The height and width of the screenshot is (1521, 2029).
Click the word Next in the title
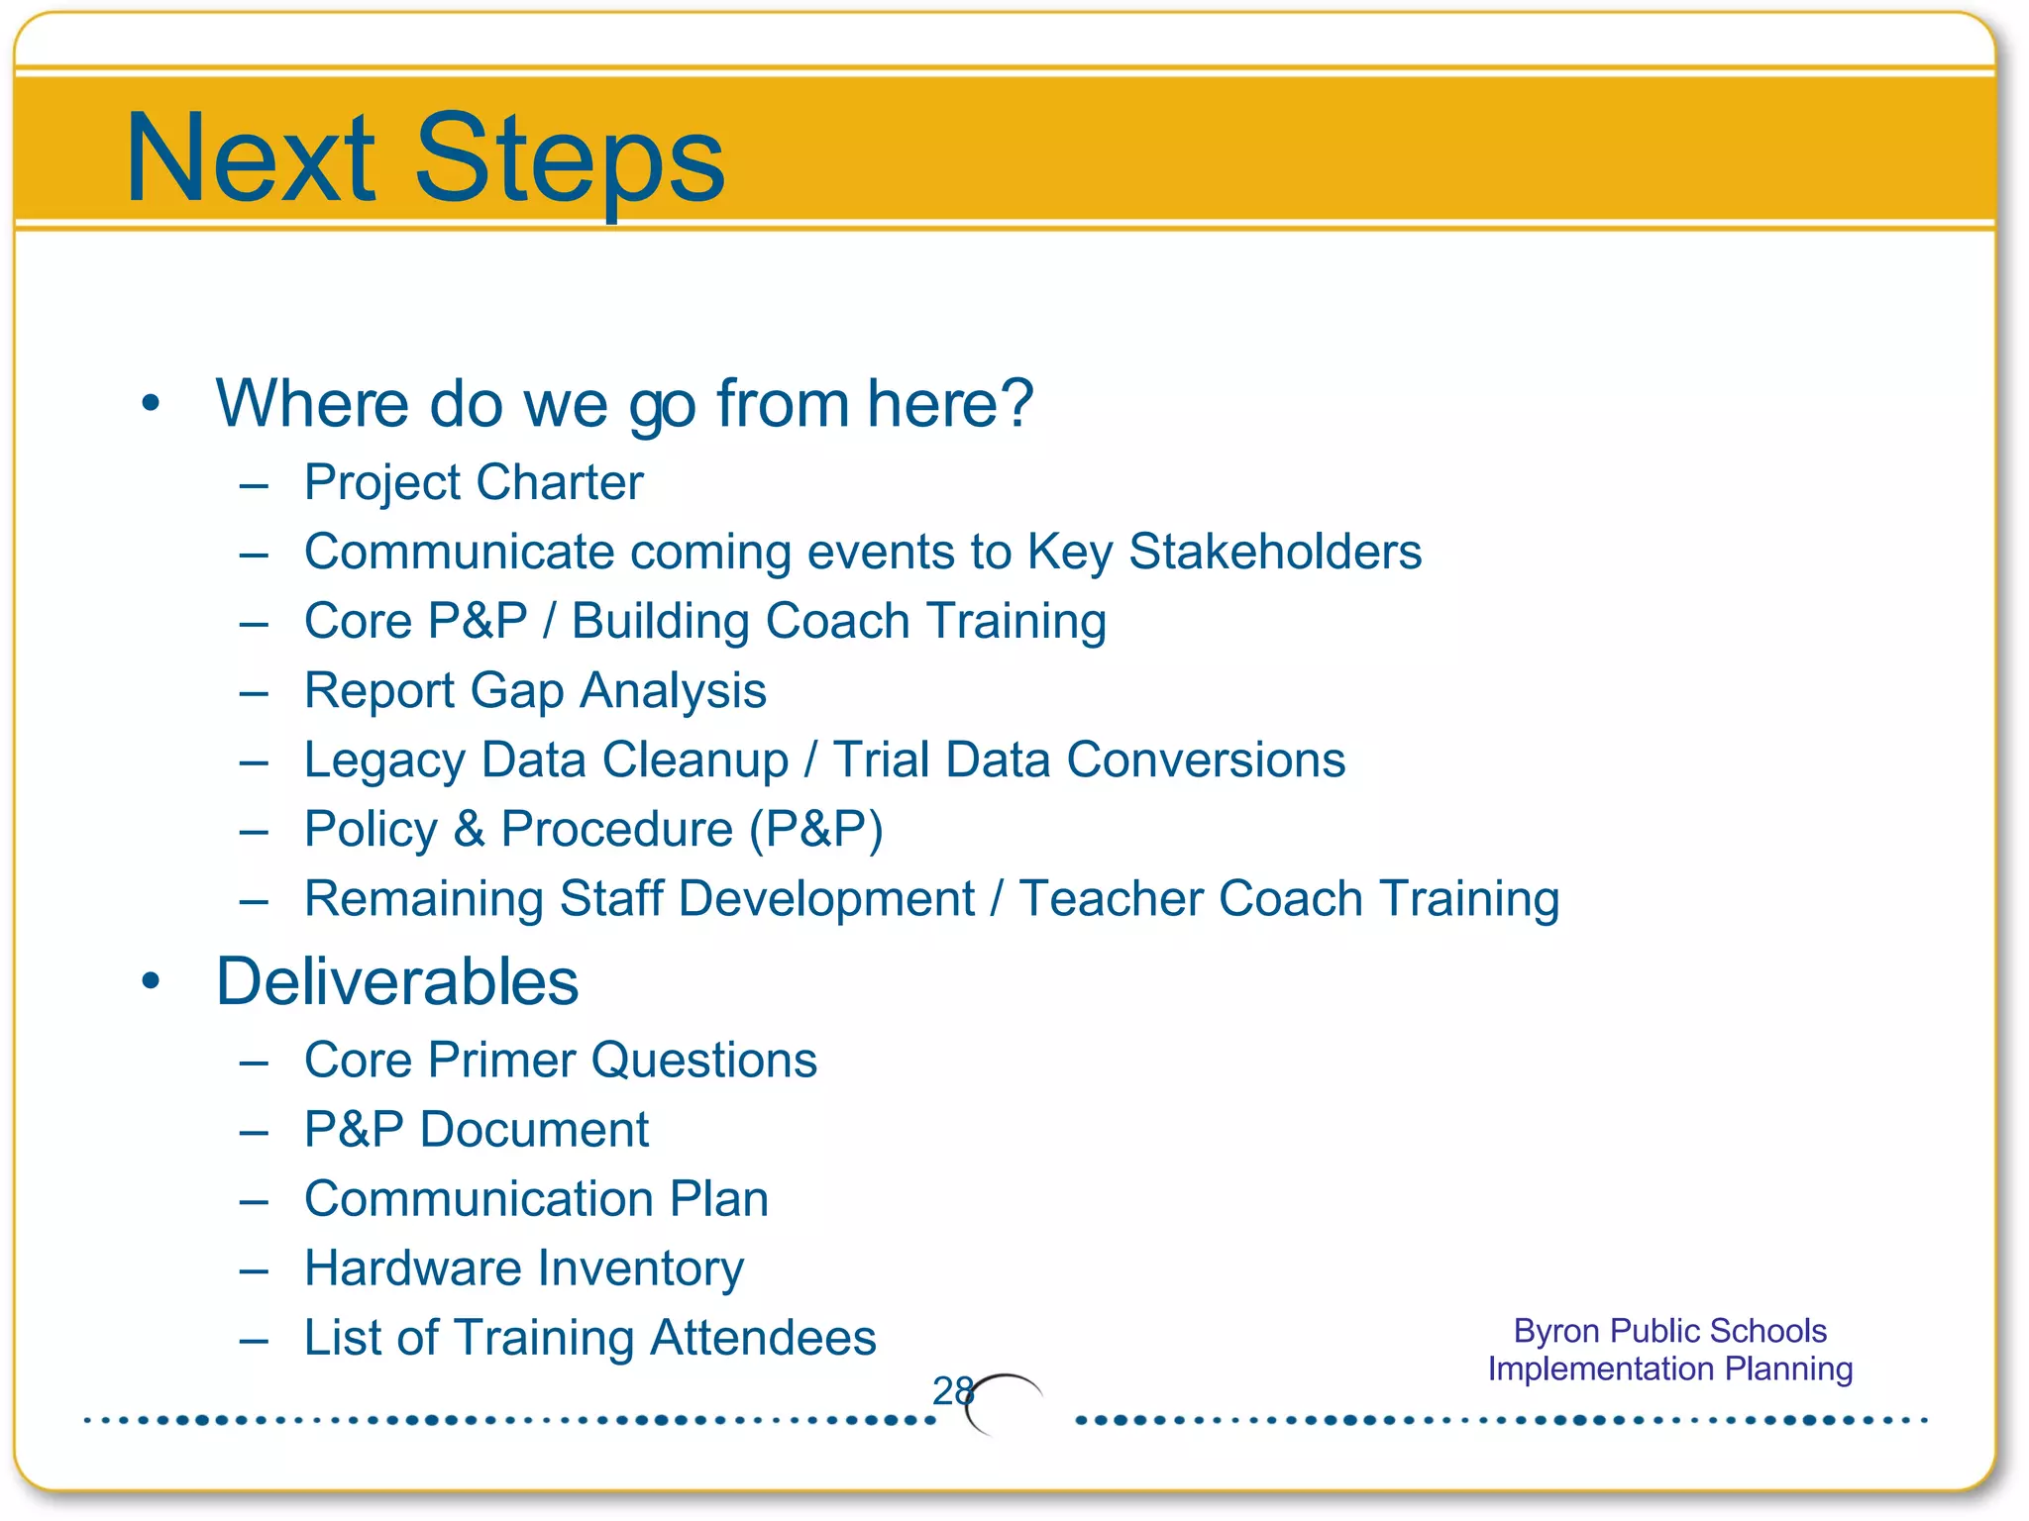[251, 158]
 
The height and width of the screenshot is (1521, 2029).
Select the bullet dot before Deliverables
[151, 981]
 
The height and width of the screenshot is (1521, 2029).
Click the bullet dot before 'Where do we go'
[151, 404]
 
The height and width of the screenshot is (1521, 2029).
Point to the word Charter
[560, 483]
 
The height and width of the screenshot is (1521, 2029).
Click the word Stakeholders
[1275, 552]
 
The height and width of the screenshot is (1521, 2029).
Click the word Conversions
[1206, 760]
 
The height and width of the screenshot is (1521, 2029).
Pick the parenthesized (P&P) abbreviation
[816, 830]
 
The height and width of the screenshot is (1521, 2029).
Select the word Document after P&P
[534, 1130]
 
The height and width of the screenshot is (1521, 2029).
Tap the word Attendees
[763, 1338]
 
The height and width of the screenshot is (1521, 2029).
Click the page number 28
[952, 1391]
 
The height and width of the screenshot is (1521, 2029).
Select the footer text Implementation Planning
[1669, 1369]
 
